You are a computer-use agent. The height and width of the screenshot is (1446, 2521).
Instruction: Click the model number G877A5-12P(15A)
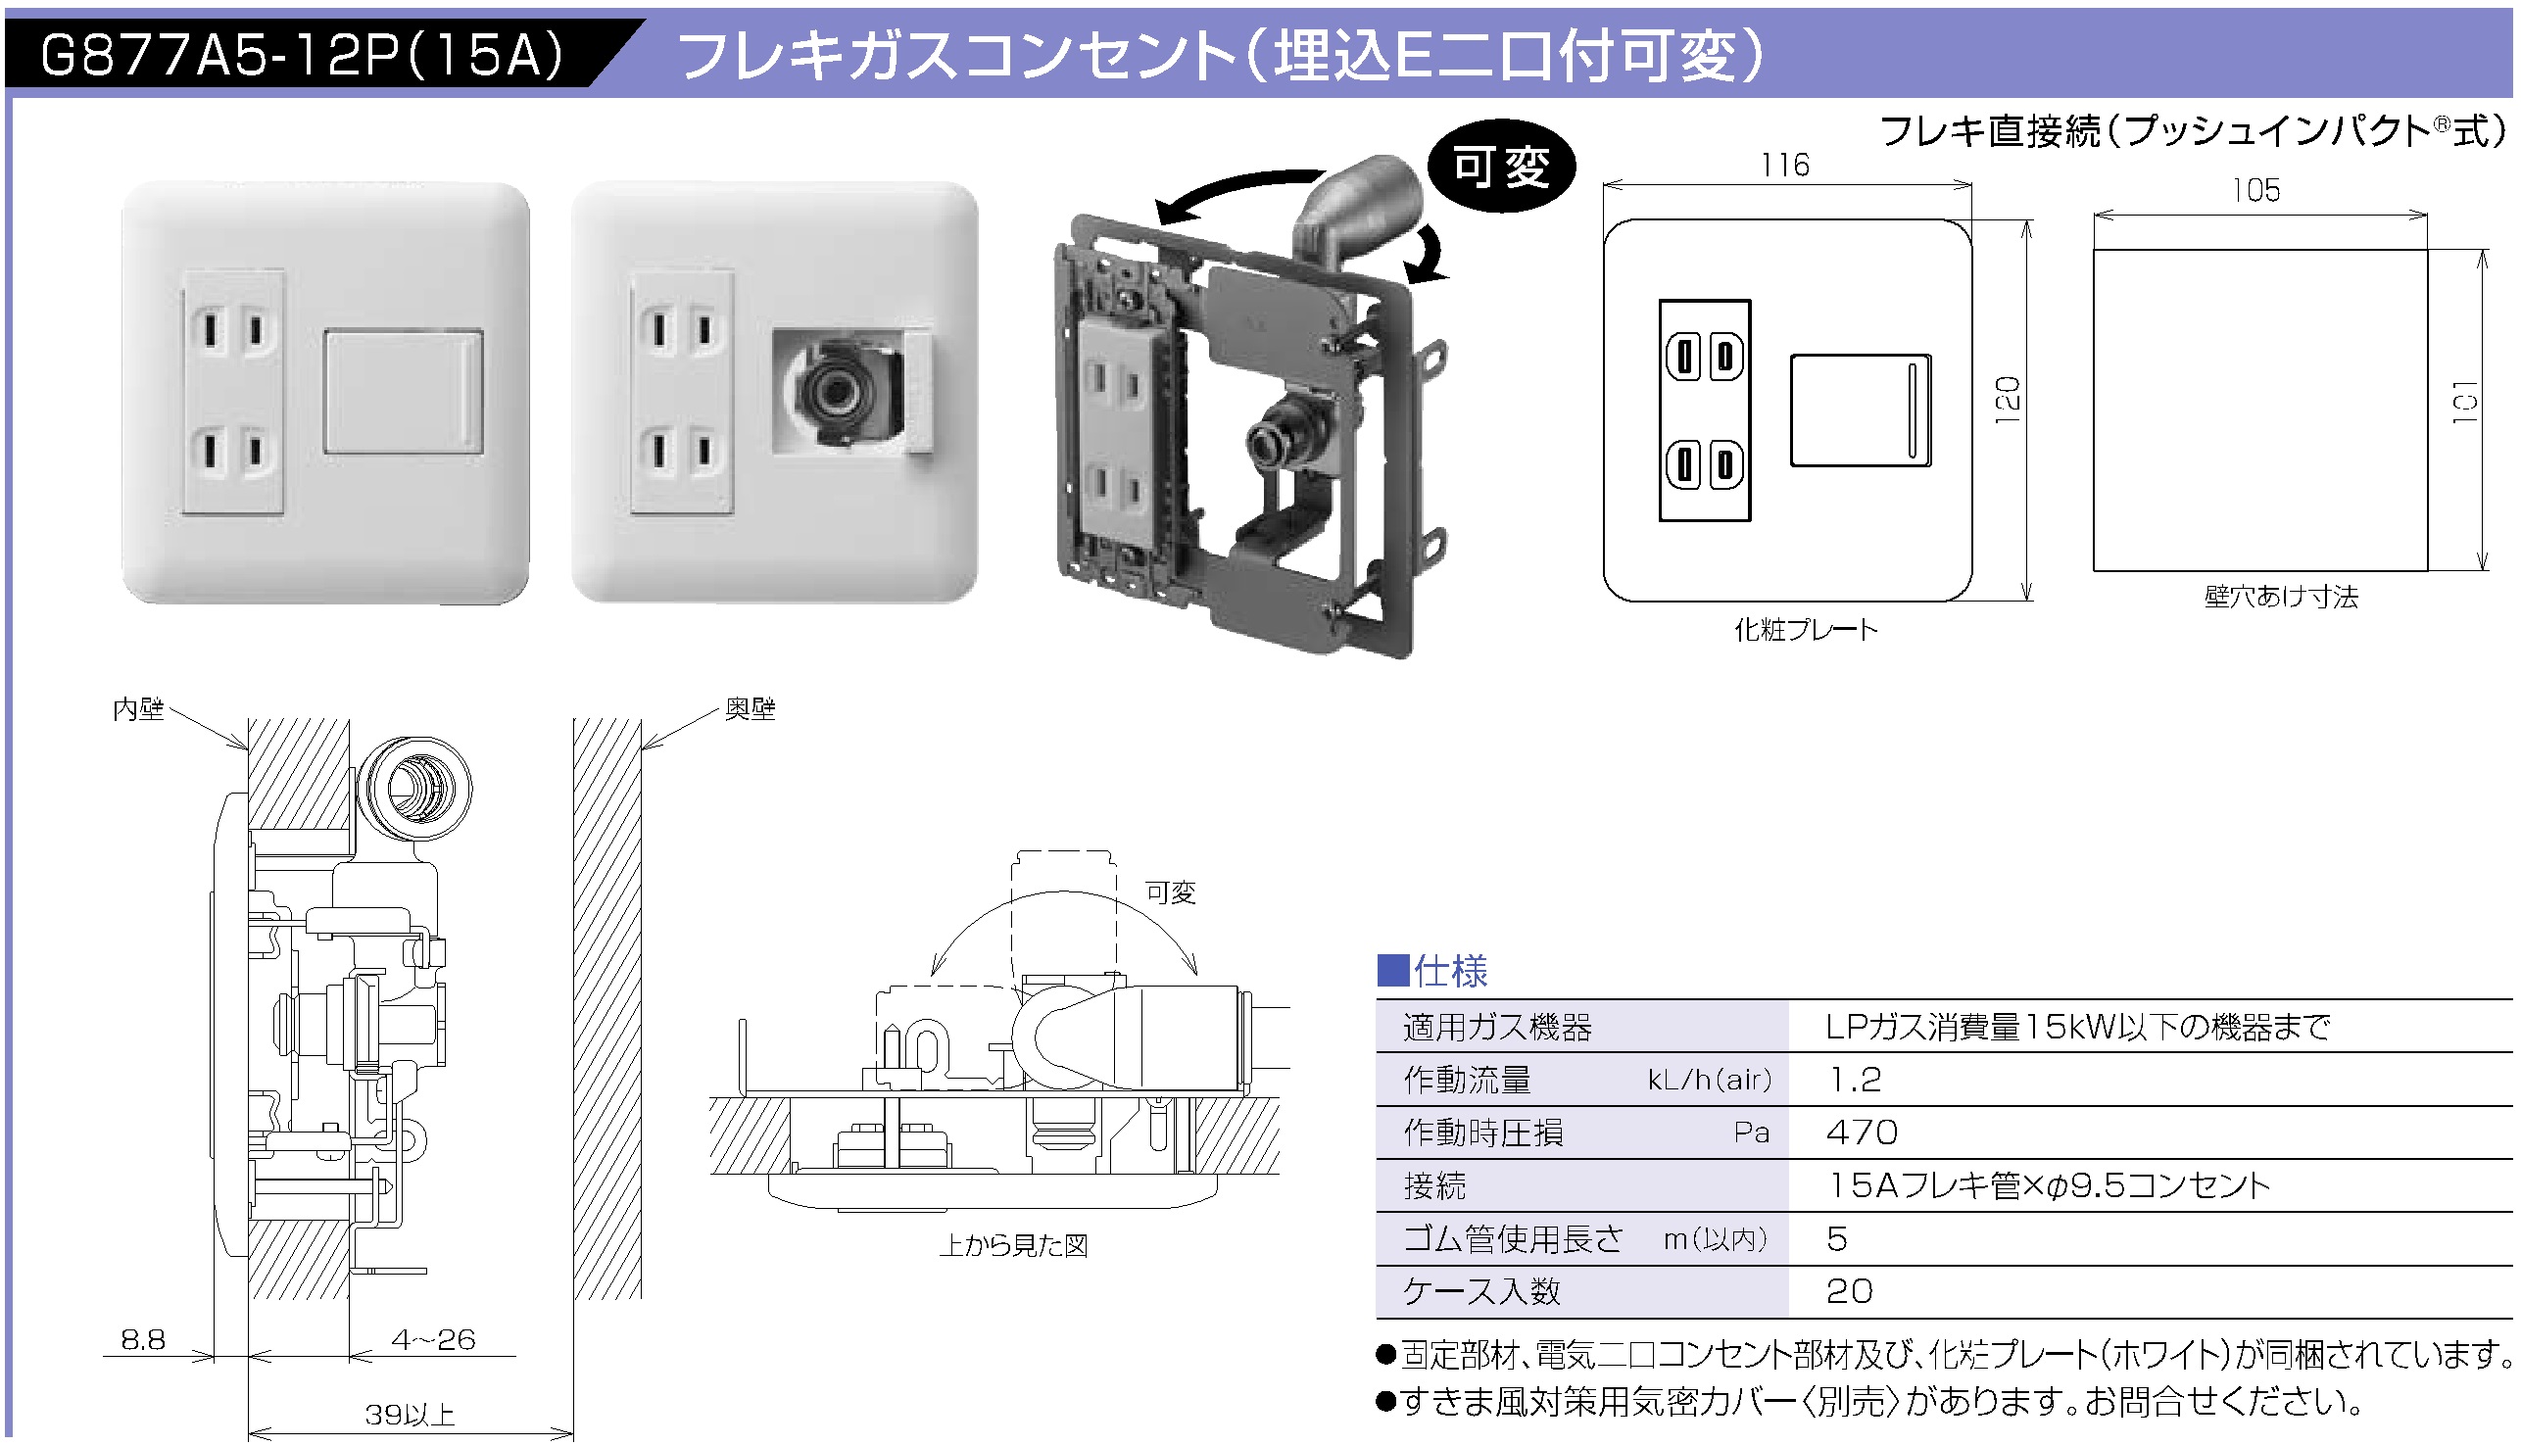tap(303, 54)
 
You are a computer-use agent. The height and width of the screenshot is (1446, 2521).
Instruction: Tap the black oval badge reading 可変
tap(1500, 167)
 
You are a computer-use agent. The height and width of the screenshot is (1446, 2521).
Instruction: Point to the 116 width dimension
tap(1784, 165)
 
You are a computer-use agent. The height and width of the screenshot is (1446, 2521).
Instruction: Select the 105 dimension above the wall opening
tap(2254, 191)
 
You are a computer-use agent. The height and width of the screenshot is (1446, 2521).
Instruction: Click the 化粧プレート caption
tap(1805, 630)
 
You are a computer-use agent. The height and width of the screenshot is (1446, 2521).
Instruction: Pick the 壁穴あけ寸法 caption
tap(2280, 597)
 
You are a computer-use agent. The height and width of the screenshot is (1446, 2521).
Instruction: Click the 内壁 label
tap(138, 709)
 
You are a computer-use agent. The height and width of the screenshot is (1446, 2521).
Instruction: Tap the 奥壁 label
tap(750, 709)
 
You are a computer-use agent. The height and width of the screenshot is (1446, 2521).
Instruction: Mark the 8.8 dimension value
tap(143, 1340)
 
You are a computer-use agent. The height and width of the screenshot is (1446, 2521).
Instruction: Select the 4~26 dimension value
tap(433, 1340)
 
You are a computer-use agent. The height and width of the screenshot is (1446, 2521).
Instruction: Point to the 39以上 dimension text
tap(410, 1415)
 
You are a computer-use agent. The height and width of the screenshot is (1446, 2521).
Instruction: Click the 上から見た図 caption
tap(1013, 1245)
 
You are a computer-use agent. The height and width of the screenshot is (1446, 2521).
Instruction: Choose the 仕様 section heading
tap(1449, 971)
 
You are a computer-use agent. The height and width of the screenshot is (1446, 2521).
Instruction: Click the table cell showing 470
tap(1862, 1133)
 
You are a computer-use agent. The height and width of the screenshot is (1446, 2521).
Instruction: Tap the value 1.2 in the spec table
tap(1855, 1080)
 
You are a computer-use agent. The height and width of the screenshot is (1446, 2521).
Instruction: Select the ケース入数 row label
tap(1480, 1291)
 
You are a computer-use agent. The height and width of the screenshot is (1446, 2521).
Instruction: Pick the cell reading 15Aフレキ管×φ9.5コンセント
tap(2049, 1184)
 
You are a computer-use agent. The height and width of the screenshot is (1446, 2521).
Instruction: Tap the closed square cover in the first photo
tap(404, 391)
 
